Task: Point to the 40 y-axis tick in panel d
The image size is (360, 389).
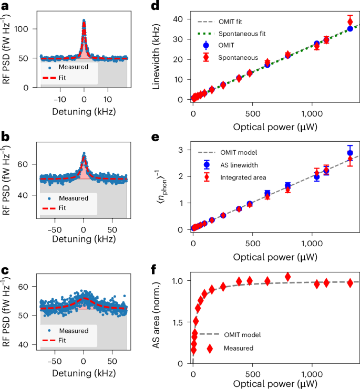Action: click(181, 19)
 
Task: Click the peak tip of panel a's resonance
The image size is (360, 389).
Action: click(84, 21)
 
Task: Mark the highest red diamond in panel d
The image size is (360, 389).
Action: click(350, 22)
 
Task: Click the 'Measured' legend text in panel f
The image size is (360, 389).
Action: click(239, 348)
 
